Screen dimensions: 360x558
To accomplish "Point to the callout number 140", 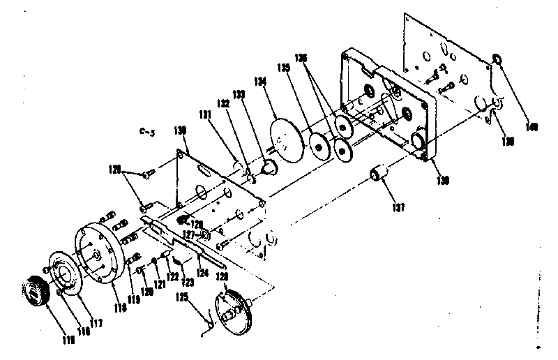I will [531, 126].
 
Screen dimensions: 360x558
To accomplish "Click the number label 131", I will [206, 114].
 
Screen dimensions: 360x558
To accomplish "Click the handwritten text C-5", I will [146, 130].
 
